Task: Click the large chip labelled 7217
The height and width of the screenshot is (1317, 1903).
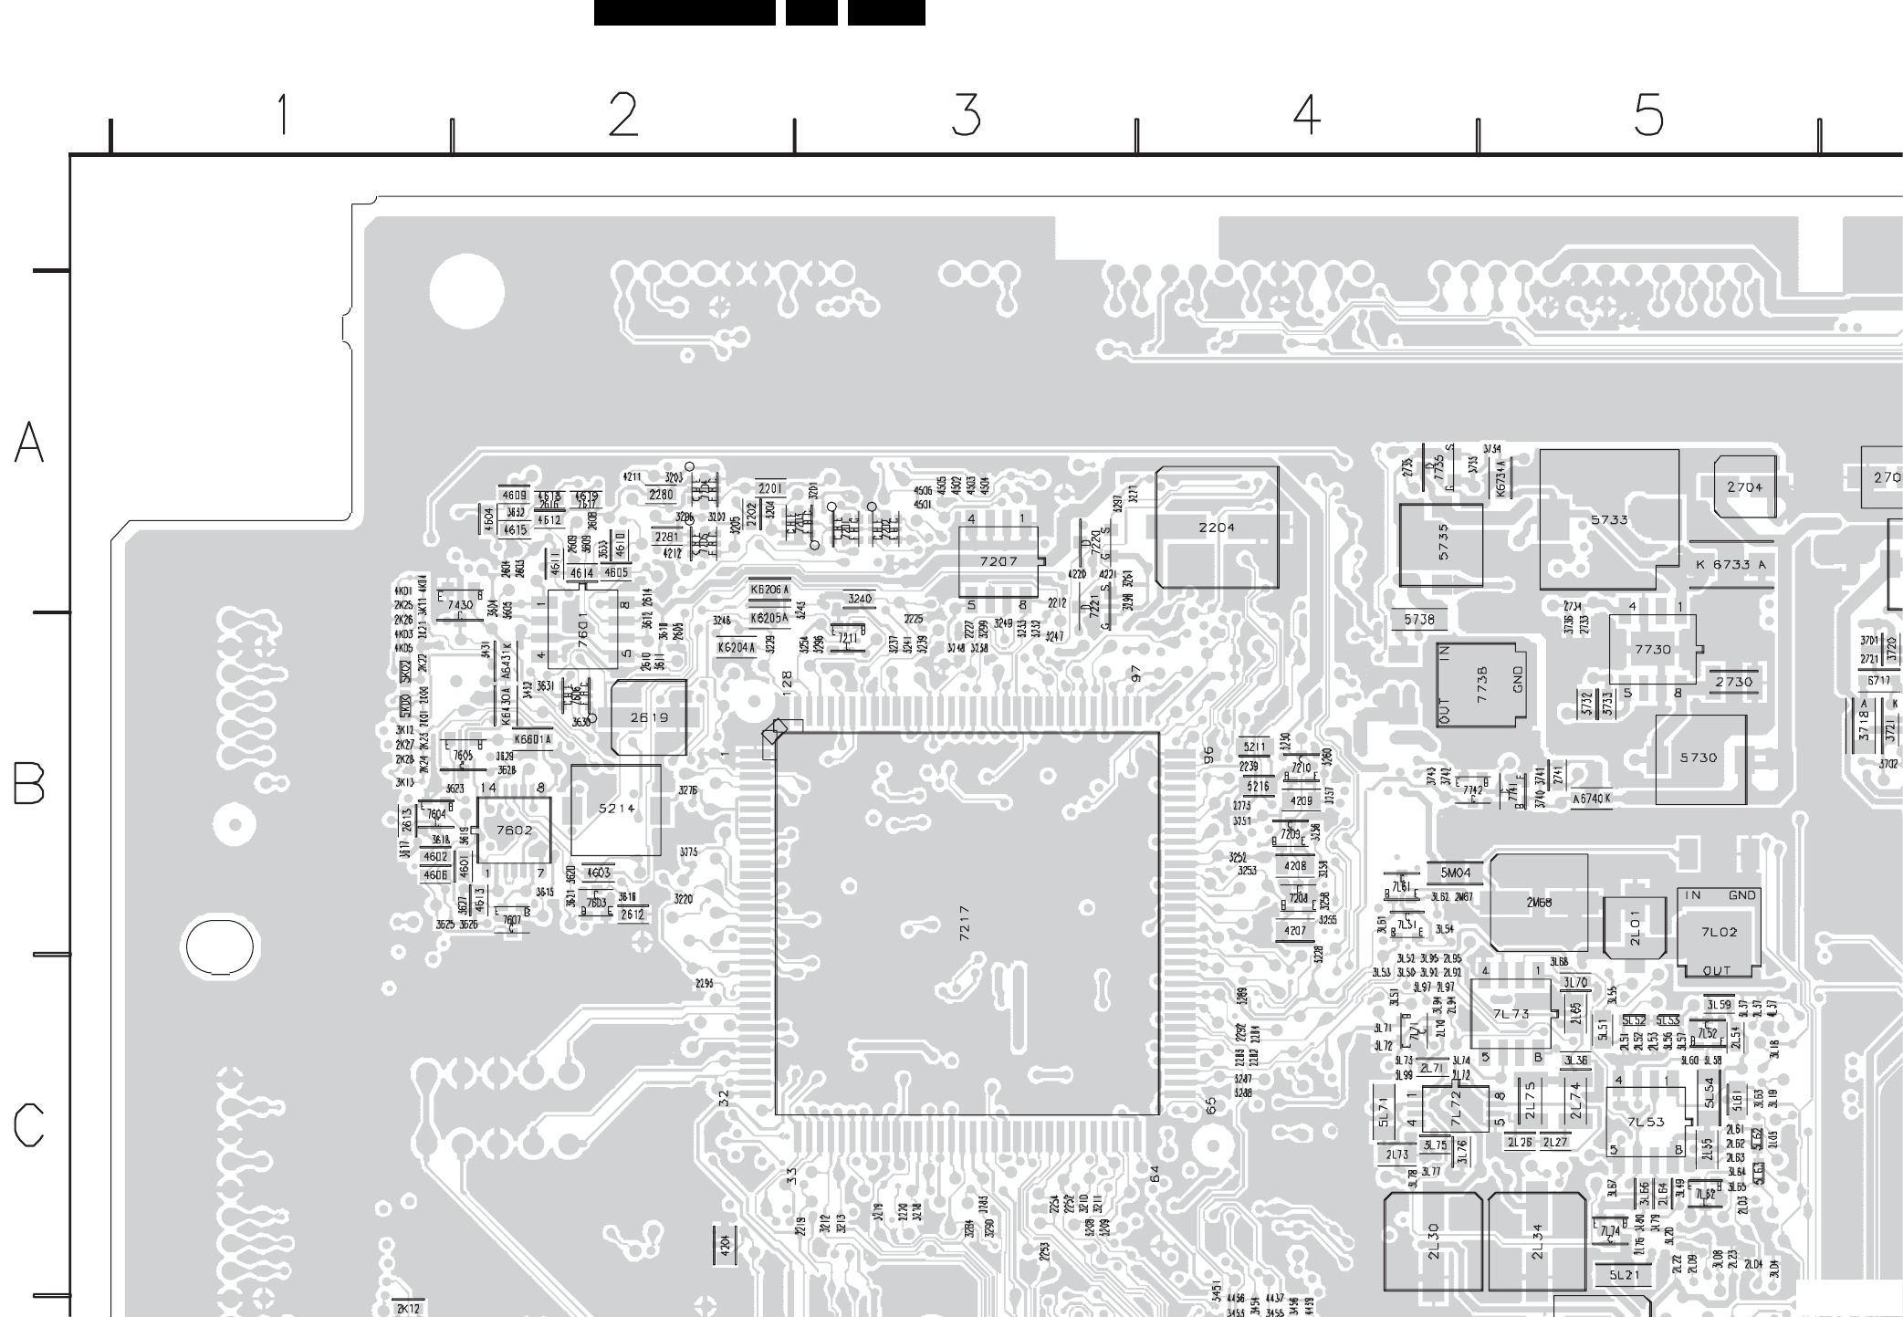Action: [x=967, y=923]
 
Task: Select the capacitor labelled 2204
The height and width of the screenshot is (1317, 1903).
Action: [x=1217, y=528]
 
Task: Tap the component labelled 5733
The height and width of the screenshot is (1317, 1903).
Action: [x=1609, y=520]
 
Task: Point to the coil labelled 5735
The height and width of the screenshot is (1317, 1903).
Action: [x=1441, y=544]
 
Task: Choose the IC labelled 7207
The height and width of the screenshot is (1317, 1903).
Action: [x=999, y=561]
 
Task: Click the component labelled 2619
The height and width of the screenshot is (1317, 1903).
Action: [x=649, y=717]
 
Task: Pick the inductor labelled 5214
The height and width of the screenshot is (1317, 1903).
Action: [x=616, y=810]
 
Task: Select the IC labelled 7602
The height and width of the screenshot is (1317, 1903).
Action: [x=514, y=830]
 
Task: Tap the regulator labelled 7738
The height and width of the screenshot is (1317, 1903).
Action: [x=1480, y=685]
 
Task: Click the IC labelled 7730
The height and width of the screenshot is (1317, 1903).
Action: [x=1653, y=650]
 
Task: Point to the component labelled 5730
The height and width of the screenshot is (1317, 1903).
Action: [x=1699, y=758]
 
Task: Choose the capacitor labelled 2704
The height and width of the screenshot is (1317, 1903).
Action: [x=1744, y=487]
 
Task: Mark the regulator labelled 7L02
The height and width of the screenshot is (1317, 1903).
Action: [x=1719, y=932]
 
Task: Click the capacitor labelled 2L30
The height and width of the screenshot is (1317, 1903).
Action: [x=1432, y=1241]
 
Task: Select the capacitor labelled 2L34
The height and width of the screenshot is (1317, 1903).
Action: [x=1537, y=1241]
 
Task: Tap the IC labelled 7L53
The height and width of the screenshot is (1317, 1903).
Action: [x=1647, y=1122]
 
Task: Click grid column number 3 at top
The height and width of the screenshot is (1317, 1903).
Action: [x=966, y=116]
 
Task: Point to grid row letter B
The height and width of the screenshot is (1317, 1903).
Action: [x=29, y=783]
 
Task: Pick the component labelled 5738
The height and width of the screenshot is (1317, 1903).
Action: [x=1419, y=620]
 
